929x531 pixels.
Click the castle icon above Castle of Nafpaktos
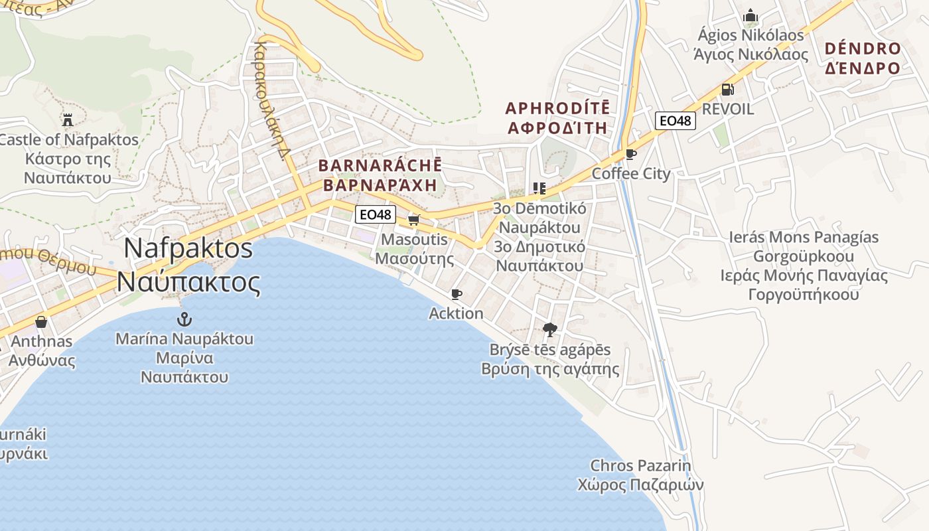click(67, 120)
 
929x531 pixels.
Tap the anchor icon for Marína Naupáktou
click(184, 319)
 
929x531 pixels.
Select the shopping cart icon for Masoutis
click(414, 220)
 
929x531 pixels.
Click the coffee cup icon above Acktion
click(456, 294)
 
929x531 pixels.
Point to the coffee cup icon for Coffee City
click(630, 155)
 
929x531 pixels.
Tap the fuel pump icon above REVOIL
click(727, 90)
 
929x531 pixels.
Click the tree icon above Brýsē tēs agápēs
click(549, 329)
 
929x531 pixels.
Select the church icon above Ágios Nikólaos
click(750, 15)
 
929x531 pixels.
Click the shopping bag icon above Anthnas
click(41, 322)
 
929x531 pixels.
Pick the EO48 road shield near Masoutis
click(376, 214)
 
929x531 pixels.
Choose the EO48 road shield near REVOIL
click(675, 121)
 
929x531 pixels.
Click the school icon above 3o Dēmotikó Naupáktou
click(539, 189)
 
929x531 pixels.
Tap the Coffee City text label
click(631, 174)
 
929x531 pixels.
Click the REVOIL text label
click(727, 110)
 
